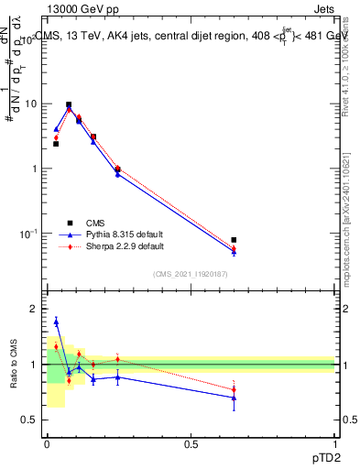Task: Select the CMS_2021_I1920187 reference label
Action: pos(190,273)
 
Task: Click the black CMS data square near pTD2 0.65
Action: pos(234,240)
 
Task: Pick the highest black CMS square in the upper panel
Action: pos(69,104)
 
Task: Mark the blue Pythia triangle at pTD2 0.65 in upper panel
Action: pos(234,252)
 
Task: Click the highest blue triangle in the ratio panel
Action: pos(56,322)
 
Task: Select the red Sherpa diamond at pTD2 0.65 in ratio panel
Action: pos(234,389)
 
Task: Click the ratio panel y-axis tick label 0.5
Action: pos(29,420)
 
